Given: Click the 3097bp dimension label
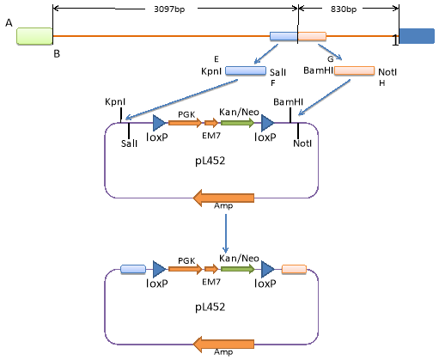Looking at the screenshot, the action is click(x=169, y=9).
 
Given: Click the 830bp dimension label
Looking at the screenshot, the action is click(x=344, y=9).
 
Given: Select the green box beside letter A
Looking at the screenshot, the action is click(x=34, y=36).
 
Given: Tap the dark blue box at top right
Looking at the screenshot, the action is click(x=417, y=36).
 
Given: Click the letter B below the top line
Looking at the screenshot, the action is click(x=57, y=53).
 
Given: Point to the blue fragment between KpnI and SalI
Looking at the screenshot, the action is click(x=246, y=70).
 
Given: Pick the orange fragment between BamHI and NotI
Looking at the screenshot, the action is click(x=355, y=70).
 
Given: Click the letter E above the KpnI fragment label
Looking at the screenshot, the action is click(x=216, y=59).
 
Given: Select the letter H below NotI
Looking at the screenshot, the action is click(x=382, y=83).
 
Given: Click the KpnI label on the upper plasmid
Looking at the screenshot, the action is click(x=115, y=102).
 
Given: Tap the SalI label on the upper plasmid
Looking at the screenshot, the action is click(x=129, y=143).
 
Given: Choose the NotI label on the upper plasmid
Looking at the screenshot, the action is click(x=302, y=143).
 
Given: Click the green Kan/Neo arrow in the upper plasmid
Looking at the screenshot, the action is click(x=237, y=123).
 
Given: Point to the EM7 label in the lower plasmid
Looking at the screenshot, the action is click(x=211, y=282).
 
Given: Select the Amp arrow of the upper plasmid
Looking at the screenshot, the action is click(x=223, y=198).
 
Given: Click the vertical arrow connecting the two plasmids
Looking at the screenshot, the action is click(x=226, y=234).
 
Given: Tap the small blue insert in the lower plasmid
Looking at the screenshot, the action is click(x=133, y=269).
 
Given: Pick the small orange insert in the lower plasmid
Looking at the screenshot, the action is click(x=294, y=269).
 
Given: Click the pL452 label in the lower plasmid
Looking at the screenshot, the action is click(x=210, y=307).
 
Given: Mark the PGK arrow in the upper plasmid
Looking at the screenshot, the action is click(x=185, y=123).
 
